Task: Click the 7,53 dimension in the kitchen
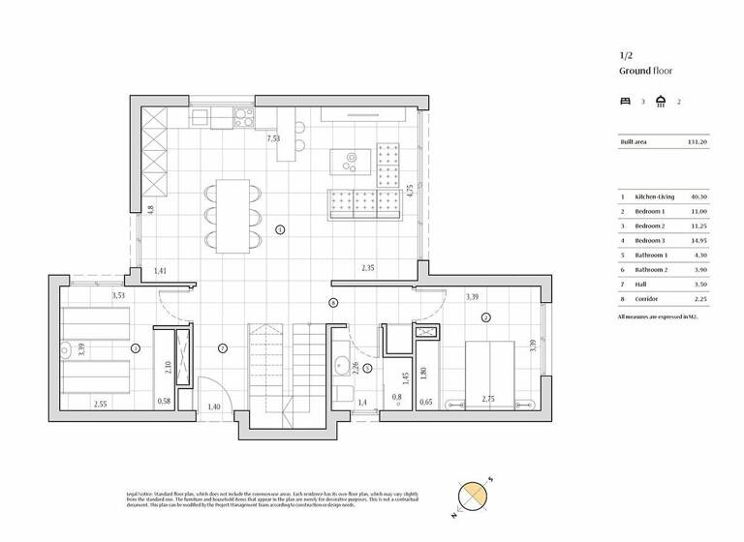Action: pyautogui.click(x=274, y=138)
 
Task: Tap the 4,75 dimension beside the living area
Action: pyautogui.click(x=410, y=191)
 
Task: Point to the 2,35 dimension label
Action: pyautogui.click(x=368, y=267)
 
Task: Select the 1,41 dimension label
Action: pyautogui.click(x=161, y=272)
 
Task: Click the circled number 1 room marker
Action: pyautogui.click(x=279, y=230)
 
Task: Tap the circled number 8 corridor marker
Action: pyautogui.click(x=333, y=303)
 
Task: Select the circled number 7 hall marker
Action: pyautogui.click(x=222, y=347)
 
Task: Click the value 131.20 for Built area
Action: pyautogui.click(x=697, y=142)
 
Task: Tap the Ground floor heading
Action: pyautogui.click(x=647, y=72)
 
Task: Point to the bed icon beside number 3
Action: pyautogui.click(x=625, y=101)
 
